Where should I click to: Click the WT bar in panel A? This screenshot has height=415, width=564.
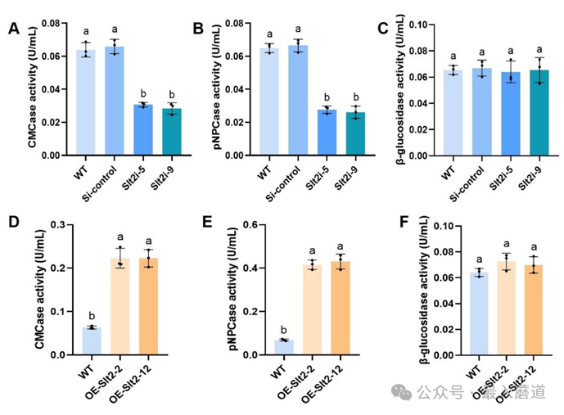84,102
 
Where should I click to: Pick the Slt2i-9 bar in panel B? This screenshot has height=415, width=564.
355,133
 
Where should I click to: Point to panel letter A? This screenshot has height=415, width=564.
14,30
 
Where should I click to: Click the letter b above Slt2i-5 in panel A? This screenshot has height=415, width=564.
143,93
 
